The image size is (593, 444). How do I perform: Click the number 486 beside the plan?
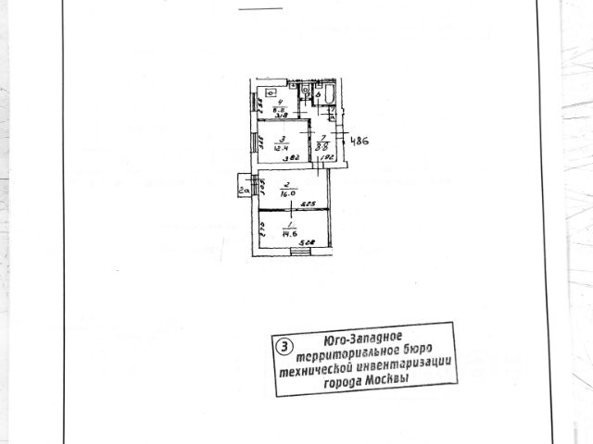[360, 142]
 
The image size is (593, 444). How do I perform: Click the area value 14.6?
[290, 233]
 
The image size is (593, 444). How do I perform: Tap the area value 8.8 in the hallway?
[321, 146]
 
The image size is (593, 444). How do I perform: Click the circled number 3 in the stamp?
[285, 347]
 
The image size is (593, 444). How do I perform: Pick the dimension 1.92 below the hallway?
[327, 159]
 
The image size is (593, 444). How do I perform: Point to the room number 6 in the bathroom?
[319, 94]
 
